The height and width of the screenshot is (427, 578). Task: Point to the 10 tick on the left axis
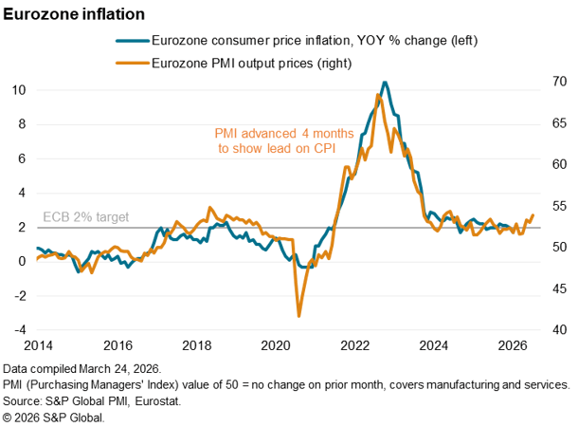pyautogui.click(x=19, y=90)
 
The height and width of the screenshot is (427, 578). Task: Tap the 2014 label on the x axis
pyautogui.click(x=39, y=345)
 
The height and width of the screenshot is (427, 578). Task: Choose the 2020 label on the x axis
pyautogui.click(x=275, y=345)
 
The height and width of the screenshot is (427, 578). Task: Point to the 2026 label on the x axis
pyautogui.click(x=512, y=345)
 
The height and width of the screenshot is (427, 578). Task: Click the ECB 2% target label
pyautogui.click(x=86, y=217)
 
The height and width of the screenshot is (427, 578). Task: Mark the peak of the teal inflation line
pyautogui.click(x=384, y=83)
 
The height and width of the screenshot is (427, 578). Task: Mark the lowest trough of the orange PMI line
pyautogui.click(x=299, y=316)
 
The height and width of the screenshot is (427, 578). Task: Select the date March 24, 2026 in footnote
pyautogui.click(x=117, y=368)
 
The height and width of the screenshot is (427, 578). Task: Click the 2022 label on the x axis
pyautogui.click(x=354, y=345)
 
